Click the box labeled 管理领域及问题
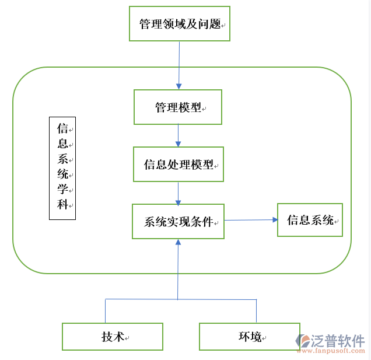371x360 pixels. (179, 24)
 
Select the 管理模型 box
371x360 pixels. (178, 107)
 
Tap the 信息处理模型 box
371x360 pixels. (178, 165)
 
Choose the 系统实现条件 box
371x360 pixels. (178, 221)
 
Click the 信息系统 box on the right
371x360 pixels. (310, 220)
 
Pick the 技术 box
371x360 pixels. (113, 337)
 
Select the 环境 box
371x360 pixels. (250, 337)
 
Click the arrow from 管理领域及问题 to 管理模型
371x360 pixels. (178, 65)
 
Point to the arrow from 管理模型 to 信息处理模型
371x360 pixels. (178, 135)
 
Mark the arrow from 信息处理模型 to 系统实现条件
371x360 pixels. (178, 193)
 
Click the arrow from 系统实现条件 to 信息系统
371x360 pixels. (251, 220)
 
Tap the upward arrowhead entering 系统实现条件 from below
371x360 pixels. (178, 242)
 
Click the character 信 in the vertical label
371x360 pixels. (62, 128)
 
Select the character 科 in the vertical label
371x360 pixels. (62, 205)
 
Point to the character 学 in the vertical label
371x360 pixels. (62, 189)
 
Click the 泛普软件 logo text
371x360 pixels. (339, 340)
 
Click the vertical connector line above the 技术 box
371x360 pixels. (106, 311)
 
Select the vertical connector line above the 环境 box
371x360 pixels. (256, 311)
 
